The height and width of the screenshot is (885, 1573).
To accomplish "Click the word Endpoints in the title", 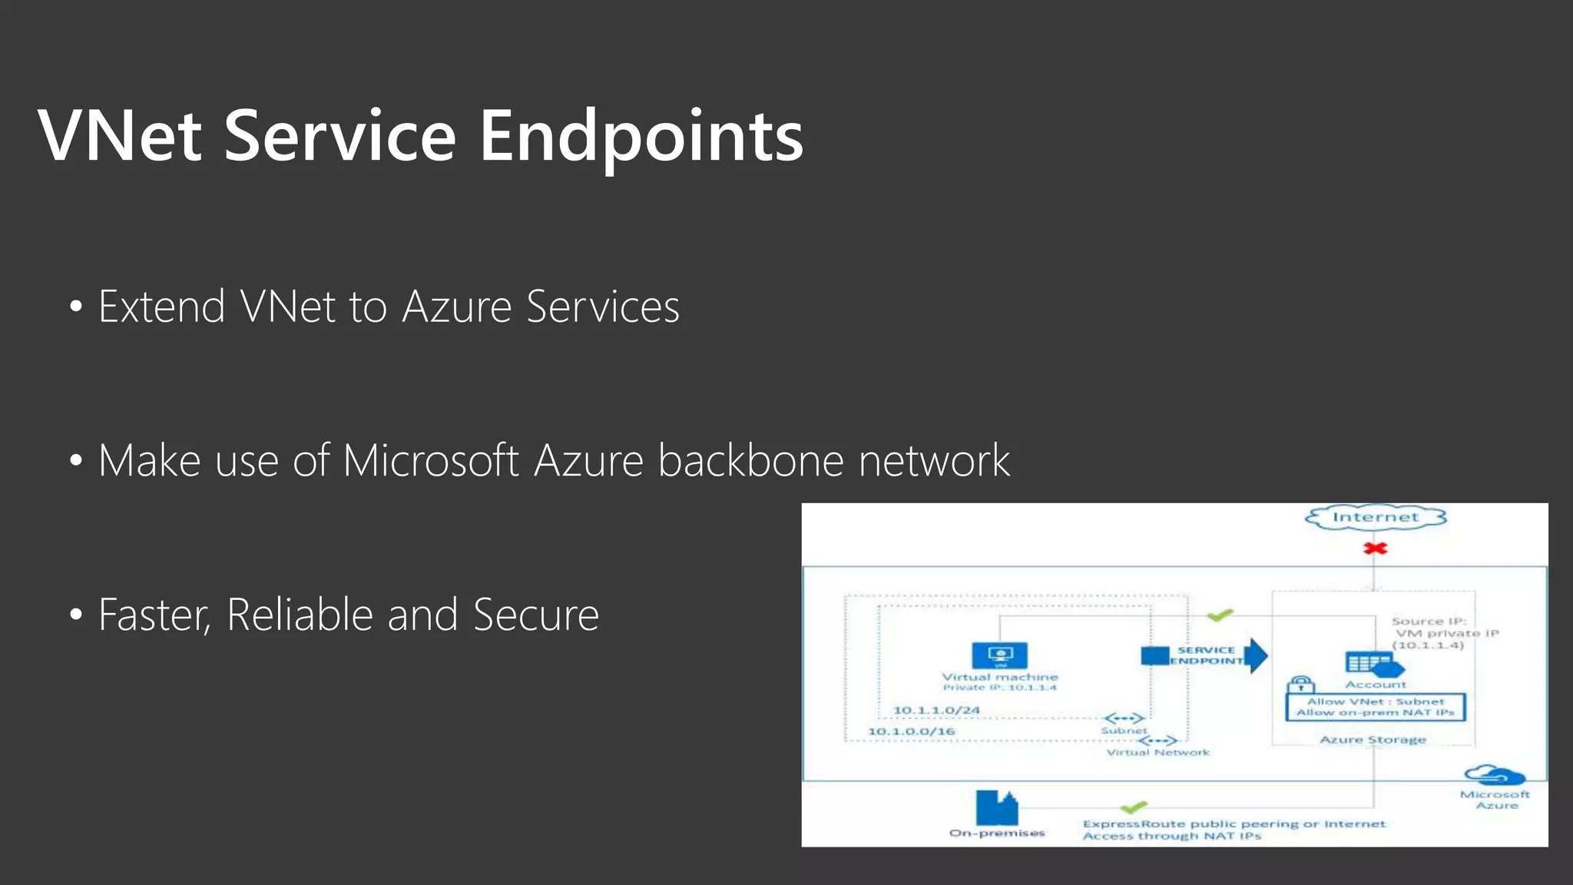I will (641, 136).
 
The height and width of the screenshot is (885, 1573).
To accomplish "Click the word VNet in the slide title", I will (120, 136).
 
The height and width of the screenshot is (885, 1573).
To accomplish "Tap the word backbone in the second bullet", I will (750, 460).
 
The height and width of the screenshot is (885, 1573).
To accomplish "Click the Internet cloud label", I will (1375, 517).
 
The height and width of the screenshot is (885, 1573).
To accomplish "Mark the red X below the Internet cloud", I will (1375, 549).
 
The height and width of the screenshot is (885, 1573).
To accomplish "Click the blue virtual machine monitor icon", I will (999, 655).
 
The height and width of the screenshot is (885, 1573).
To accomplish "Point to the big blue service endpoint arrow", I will (1255, 655).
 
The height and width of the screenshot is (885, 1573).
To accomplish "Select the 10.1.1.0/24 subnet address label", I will (936, 710).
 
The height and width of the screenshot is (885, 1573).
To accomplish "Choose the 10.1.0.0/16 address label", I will (911, 731).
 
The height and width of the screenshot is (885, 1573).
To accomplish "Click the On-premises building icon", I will (996, 807).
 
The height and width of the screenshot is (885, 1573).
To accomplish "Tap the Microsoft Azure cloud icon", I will (1494, 775).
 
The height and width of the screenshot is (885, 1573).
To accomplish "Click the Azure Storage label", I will (1373, 740).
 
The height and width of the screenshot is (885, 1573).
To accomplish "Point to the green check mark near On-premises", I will (1134, 807).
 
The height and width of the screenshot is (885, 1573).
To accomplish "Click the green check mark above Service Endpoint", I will (1220, 615).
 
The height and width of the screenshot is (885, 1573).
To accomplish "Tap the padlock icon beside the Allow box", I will (1300, 684).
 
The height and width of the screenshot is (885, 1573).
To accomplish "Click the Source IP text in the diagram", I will (1429, 621).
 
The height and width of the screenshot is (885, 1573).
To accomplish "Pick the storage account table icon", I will (1370, 663).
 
